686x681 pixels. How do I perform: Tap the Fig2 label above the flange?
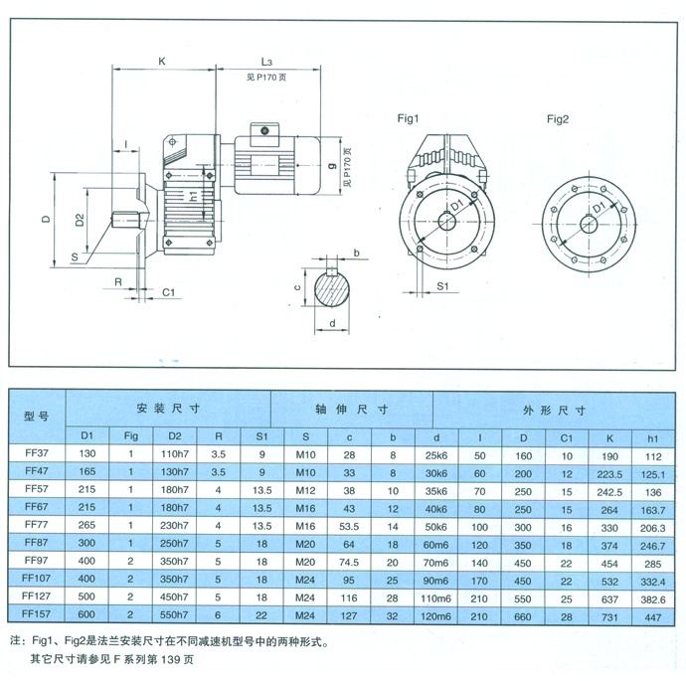coord(558,119)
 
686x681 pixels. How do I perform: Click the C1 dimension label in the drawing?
coord(168,292)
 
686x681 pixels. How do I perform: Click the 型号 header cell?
coord(36,415)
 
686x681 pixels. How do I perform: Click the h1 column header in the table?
coord(652,435)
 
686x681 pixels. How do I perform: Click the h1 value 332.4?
coord(652,579)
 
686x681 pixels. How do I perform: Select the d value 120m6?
coord(437,614)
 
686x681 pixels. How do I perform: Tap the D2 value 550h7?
coord(175,614)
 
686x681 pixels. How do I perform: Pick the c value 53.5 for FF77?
coord(349,525)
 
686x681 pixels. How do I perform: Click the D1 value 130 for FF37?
coord(86,453)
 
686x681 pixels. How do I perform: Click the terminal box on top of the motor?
coord(265,131)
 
